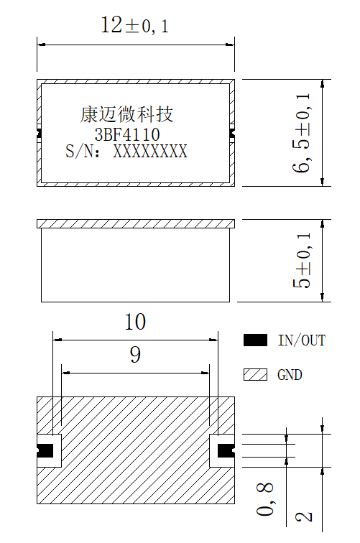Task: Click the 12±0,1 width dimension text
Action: pyautogui.click(x=135, y=26)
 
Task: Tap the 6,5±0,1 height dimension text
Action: pyautogui.click(x=301, y=133)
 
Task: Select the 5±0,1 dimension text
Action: pyautogui.click(x=302, y=261)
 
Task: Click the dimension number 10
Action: pyautogui.click(x=135, y=322)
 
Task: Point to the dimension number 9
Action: pyautogui.click(x=135, y=355)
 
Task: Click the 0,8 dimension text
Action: pyautogui.click(x=265, y=499)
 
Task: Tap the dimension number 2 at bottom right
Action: pyautogui.click(x=304, y=516)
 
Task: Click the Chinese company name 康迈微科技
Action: pyautogui.click(x=126, y=114)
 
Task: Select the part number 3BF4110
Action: pyautogui.click(x=127, y=134)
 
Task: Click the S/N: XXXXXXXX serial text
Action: pyautogui.click(x=126, y=152)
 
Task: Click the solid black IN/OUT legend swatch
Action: pyautogui.click(x=255, y=340)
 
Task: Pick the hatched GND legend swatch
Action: pyautogui.click(x=255, y=375)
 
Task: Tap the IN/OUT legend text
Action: pyautogui.click(x=302, y=340)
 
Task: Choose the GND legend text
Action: pyautogui.click(x=290, y=375)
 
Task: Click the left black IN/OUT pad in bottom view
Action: pyautogui.click(x=45, y=450)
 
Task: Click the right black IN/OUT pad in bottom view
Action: pyautogui.click(x=226, y=450)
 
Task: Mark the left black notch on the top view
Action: pyautogui.click(x=39, y=133)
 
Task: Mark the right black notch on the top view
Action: pyautogui.click(x=232, y=133)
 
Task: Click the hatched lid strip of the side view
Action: pyautogui.click(x=136, y=223)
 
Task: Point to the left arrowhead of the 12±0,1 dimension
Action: pyautogui.click(x=41, y=45)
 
